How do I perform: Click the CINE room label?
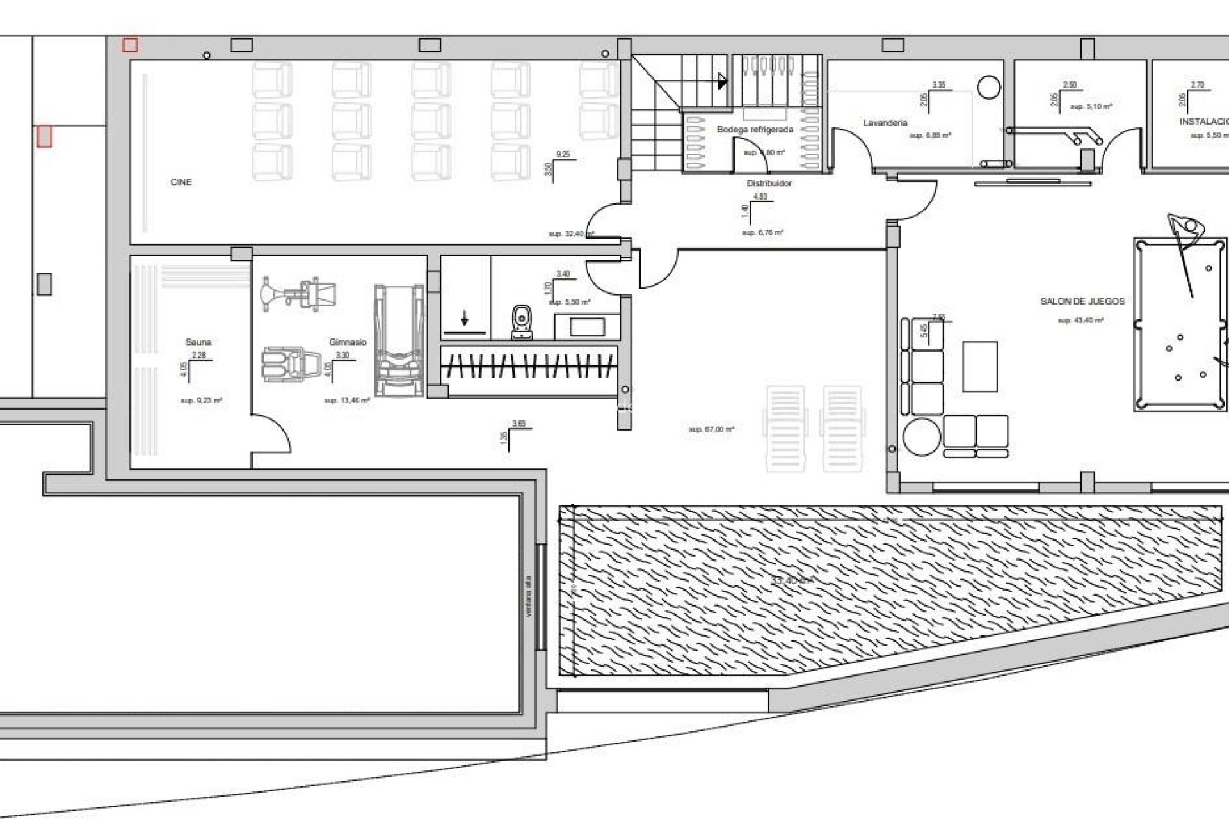click(181, 182)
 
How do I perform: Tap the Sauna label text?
click(198, 342)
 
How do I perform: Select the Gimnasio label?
click(348, 342)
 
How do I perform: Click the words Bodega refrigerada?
click(755, 130)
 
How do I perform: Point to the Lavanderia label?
click(885, 123)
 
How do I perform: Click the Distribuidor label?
click(769, 184)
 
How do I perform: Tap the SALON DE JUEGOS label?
click(1082, 301)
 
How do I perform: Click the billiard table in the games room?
click(1180, 324)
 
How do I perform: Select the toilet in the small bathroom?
click(522, 322)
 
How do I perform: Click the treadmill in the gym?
click(399, 340)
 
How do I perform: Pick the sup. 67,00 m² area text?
click(711, 429)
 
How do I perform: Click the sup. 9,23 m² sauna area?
click(201, 401)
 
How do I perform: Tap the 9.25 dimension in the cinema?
click(563, 154)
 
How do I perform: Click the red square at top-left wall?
click(130, 45)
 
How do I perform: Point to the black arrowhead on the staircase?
click(723, 81)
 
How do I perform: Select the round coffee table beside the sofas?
click(922, 436)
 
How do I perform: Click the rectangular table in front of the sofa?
click(979, 366)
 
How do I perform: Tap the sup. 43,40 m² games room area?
click(1080, 321)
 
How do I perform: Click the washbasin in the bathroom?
click(586, 327)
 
